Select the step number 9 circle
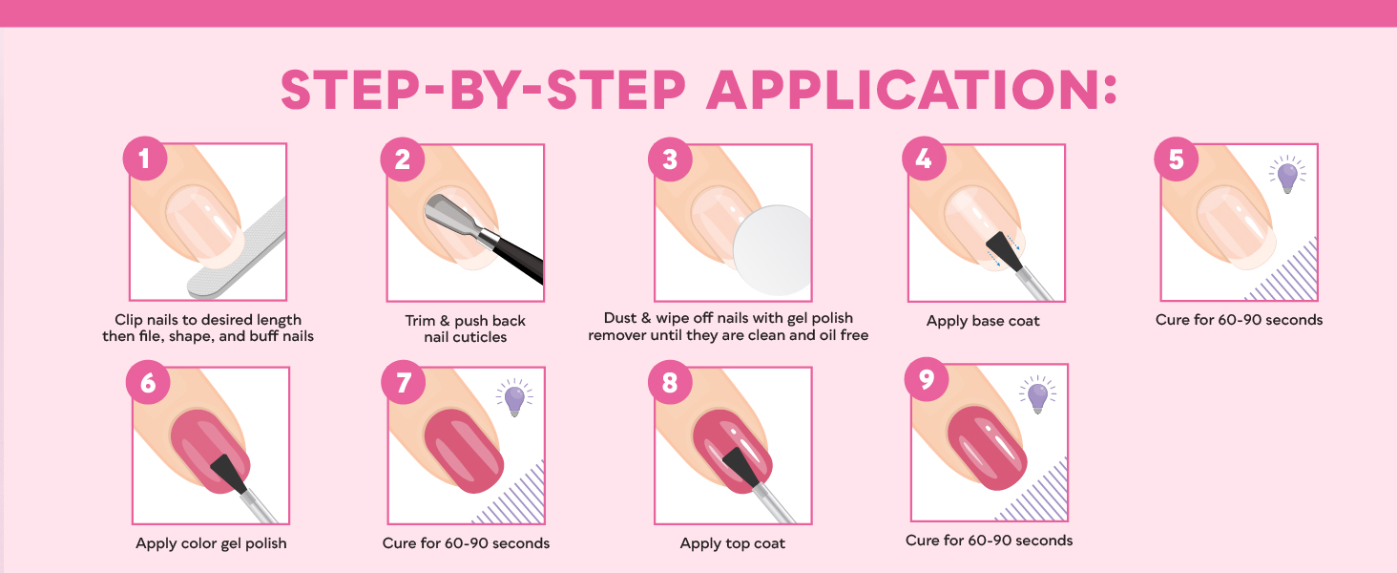tap(925, 381)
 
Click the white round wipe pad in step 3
tap(771, 250)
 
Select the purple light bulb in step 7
tap(514, 398)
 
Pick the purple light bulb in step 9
tap(1037, 395)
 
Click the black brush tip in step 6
tap(228, 474)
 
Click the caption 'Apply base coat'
tap(983, 321)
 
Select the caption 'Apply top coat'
tap(732, 543)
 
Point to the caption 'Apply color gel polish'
tap(211, 543)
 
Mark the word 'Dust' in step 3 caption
tap(622, 318)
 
